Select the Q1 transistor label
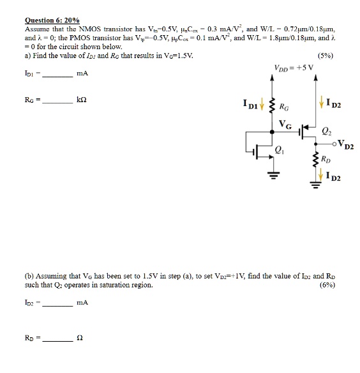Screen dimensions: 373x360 (x=278, y=151)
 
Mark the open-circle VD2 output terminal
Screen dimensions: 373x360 (x=333, y=144)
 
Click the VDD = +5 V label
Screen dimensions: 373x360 (x=294, y=69)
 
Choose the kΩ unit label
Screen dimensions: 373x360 (x=82, y=100)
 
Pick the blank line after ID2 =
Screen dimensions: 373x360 (x=57, y=303)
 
